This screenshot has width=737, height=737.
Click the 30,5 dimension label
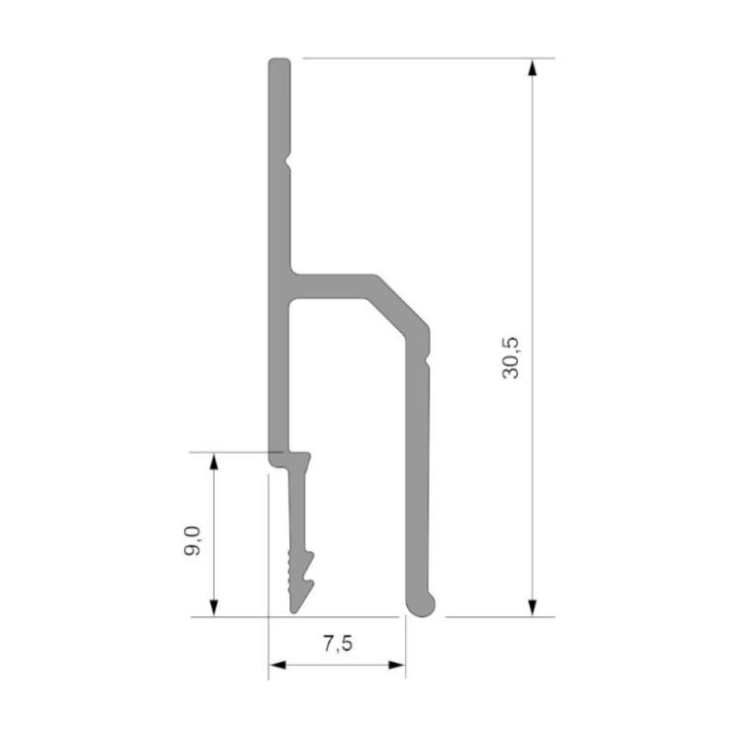(510, 359)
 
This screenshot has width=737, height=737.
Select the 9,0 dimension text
(192, 542)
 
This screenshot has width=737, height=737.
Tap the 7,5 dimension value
(338, 644)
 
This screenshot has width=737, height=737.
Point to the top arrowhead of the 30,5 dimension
(532, 67)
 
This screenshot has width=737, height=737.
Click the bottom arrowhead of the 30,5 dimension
(532, 608)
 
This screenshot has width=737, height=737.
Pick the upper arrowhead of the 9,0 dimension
(214, 462)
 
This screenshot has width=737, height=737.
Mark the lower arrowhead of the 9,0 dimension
(214, 608)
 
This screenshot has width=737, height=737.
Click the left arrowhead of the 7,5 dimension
(277, 665)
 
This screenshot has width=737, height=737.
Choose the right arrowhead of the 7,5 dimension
(396, 665)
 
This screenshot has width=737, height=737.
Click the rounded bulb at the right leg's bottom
(421, 606)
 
